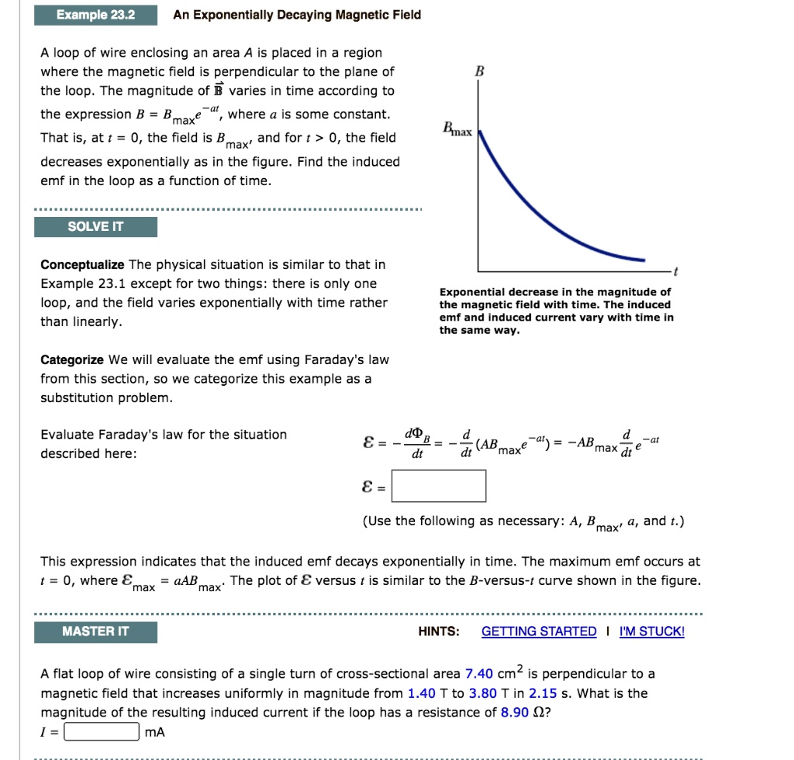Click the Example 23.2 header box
pos(95,15)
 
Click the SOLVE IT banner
pos(95,227)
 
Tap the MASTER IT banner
pos(95,631)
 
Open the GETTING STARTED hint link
pos(539,631)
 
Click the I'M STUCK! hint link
pos(651,631)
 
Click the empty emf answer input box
pos(439,487)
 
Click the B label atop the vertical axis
pos(479,71)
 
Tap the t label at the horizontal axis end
pos(676,272)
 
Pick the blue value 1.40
pos(422,693)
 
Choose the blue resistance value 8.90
pos(516,713)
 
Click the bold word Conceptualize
pos(83,265)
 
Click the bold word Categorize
pos(73,360)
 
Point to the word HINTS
pos(438,631)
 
